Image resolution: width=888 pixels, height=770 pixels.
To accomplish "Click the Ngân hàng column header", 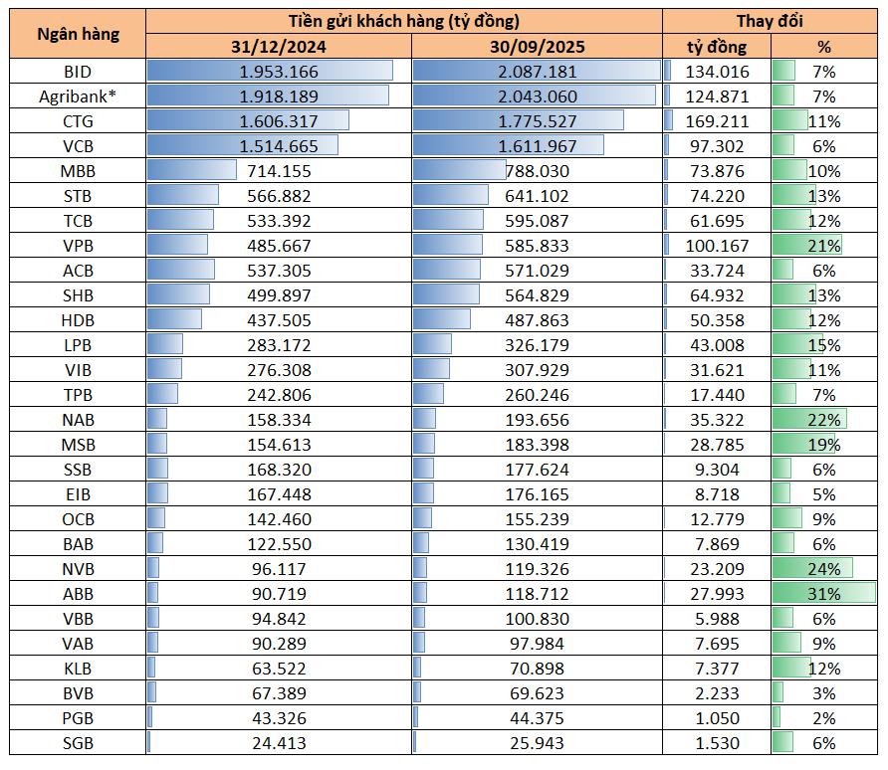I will point(78,33).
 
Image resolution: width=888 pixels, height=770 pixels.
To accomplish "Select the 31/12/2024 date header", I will point(279,46).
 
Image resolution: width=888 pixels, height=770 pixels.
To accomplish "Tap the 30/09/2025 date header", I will point(538,46).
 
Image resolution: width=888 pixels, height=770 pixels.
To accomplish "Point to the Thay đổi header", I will point(770,21).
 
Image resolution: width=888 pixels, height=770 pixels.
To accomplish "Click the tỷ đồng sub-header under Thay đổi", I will point(717,46).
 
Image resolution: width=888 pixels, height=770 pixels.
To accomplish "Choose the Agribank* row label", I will point(78,96).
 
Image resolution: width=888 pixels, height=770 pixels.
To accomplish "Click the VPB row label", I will point(78,246).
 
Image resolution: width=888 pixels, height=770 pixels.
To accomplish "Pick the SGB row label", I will point(78,743).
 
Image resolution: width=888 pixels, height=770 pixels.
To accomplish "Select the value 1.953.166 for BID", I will point(279,72).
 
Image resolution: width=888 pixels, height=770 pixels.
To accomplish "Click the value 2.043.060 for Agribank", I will point(538,96).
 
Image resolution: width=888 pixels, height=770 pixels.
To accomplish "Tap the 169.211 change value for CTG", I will point(717,121).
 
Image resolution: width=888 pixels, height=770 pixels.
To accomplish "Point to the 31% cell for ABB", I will point(824,594).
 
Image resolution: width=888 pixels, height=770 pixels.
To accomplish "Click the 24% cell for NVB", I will point(824,569).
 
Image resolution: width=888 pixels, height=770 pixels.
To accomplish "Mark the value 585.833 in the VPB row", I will point(538,246).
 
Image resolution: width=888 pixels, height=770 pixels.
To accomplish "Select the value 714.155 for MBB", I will point(279,171).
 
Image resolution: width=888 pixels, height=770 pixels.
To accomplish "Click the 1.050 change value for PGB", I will point(717,718).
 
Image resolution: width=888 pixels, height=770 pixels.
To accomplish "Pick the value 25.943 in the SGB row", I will point(538,743).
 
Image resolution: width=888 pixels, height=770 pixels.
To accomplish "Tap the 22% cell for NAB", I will point(824,420).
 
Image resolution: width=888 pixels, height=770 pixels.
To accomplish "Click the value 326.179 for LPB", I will point(538,345).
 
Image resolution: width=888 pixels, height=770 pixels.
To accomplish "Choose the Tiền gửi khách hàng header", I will point(403,21).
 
